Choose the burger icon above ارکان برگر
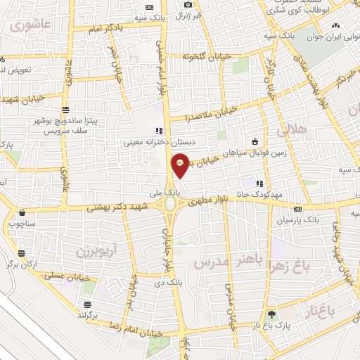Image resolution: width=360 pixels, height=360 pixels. click(23, 252)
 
